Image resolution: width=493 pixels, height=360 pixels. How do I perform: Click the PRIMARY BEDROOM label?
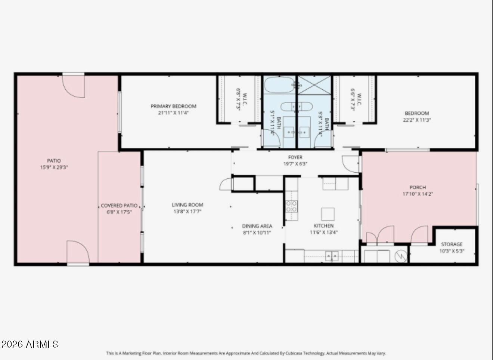(173, 106)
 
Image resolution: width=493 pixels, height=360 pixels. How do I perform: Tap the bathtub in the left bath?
(279, 85)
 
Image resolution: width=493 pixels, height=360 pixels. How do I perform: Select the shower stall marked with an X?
(314, 85)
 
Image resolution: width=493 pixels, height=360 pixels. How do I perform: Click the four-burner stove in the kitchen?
(291, 206)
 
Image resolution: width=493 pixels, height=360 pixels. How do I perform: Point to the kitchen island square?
(328, 214)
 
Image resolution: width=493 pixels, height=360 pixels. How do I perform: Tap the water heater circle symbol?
(401, 256)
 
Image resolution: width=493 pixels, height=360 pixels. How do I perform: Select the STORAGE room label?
(452, 244)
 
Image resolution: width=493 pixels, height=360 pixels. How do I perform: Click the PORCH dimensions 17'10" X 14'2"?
(417, 194)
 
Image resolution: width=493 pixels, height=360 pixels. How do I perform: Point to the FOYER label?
(295, 157)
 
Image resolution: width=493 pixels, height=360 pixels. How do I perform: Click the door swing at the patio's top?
(74, 86)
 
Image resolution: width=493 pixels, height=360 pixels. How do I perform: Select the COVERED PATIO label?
(119, 206)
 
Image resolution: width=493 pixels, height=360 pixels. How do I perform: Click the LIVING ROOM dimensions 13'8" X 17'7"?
(187, 212)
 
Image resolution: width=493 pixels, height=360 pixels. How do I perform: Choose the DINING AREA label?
(257, 226)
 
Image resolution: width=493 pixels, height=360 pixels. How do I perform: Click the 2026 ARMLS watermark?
(30, 344)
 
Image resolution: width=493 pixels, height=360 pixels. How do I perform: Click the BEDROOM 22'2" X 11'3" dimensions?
(417, 120)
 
